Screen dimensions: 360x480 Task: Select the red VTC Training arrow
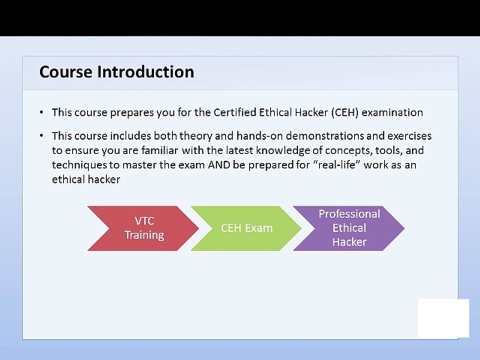pos(143,228)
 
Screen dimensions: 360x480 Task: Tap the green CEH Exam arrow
pos(246,228)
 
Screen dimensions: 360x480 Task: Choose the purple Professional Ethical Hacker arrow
pos(349,228)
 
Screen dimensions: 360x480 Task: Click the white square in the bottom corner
pos(443,318)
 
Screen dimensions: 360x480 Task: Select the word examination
pos(392,112)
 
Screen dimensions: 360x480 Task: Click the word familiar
pos(159,150)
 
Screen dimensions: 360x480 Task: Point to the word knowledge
pos(292,150)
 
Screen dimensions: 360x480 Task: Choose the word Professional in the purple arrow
pos(349,214)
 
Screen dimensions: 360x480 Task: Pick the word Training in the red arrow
pos(144,235)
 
